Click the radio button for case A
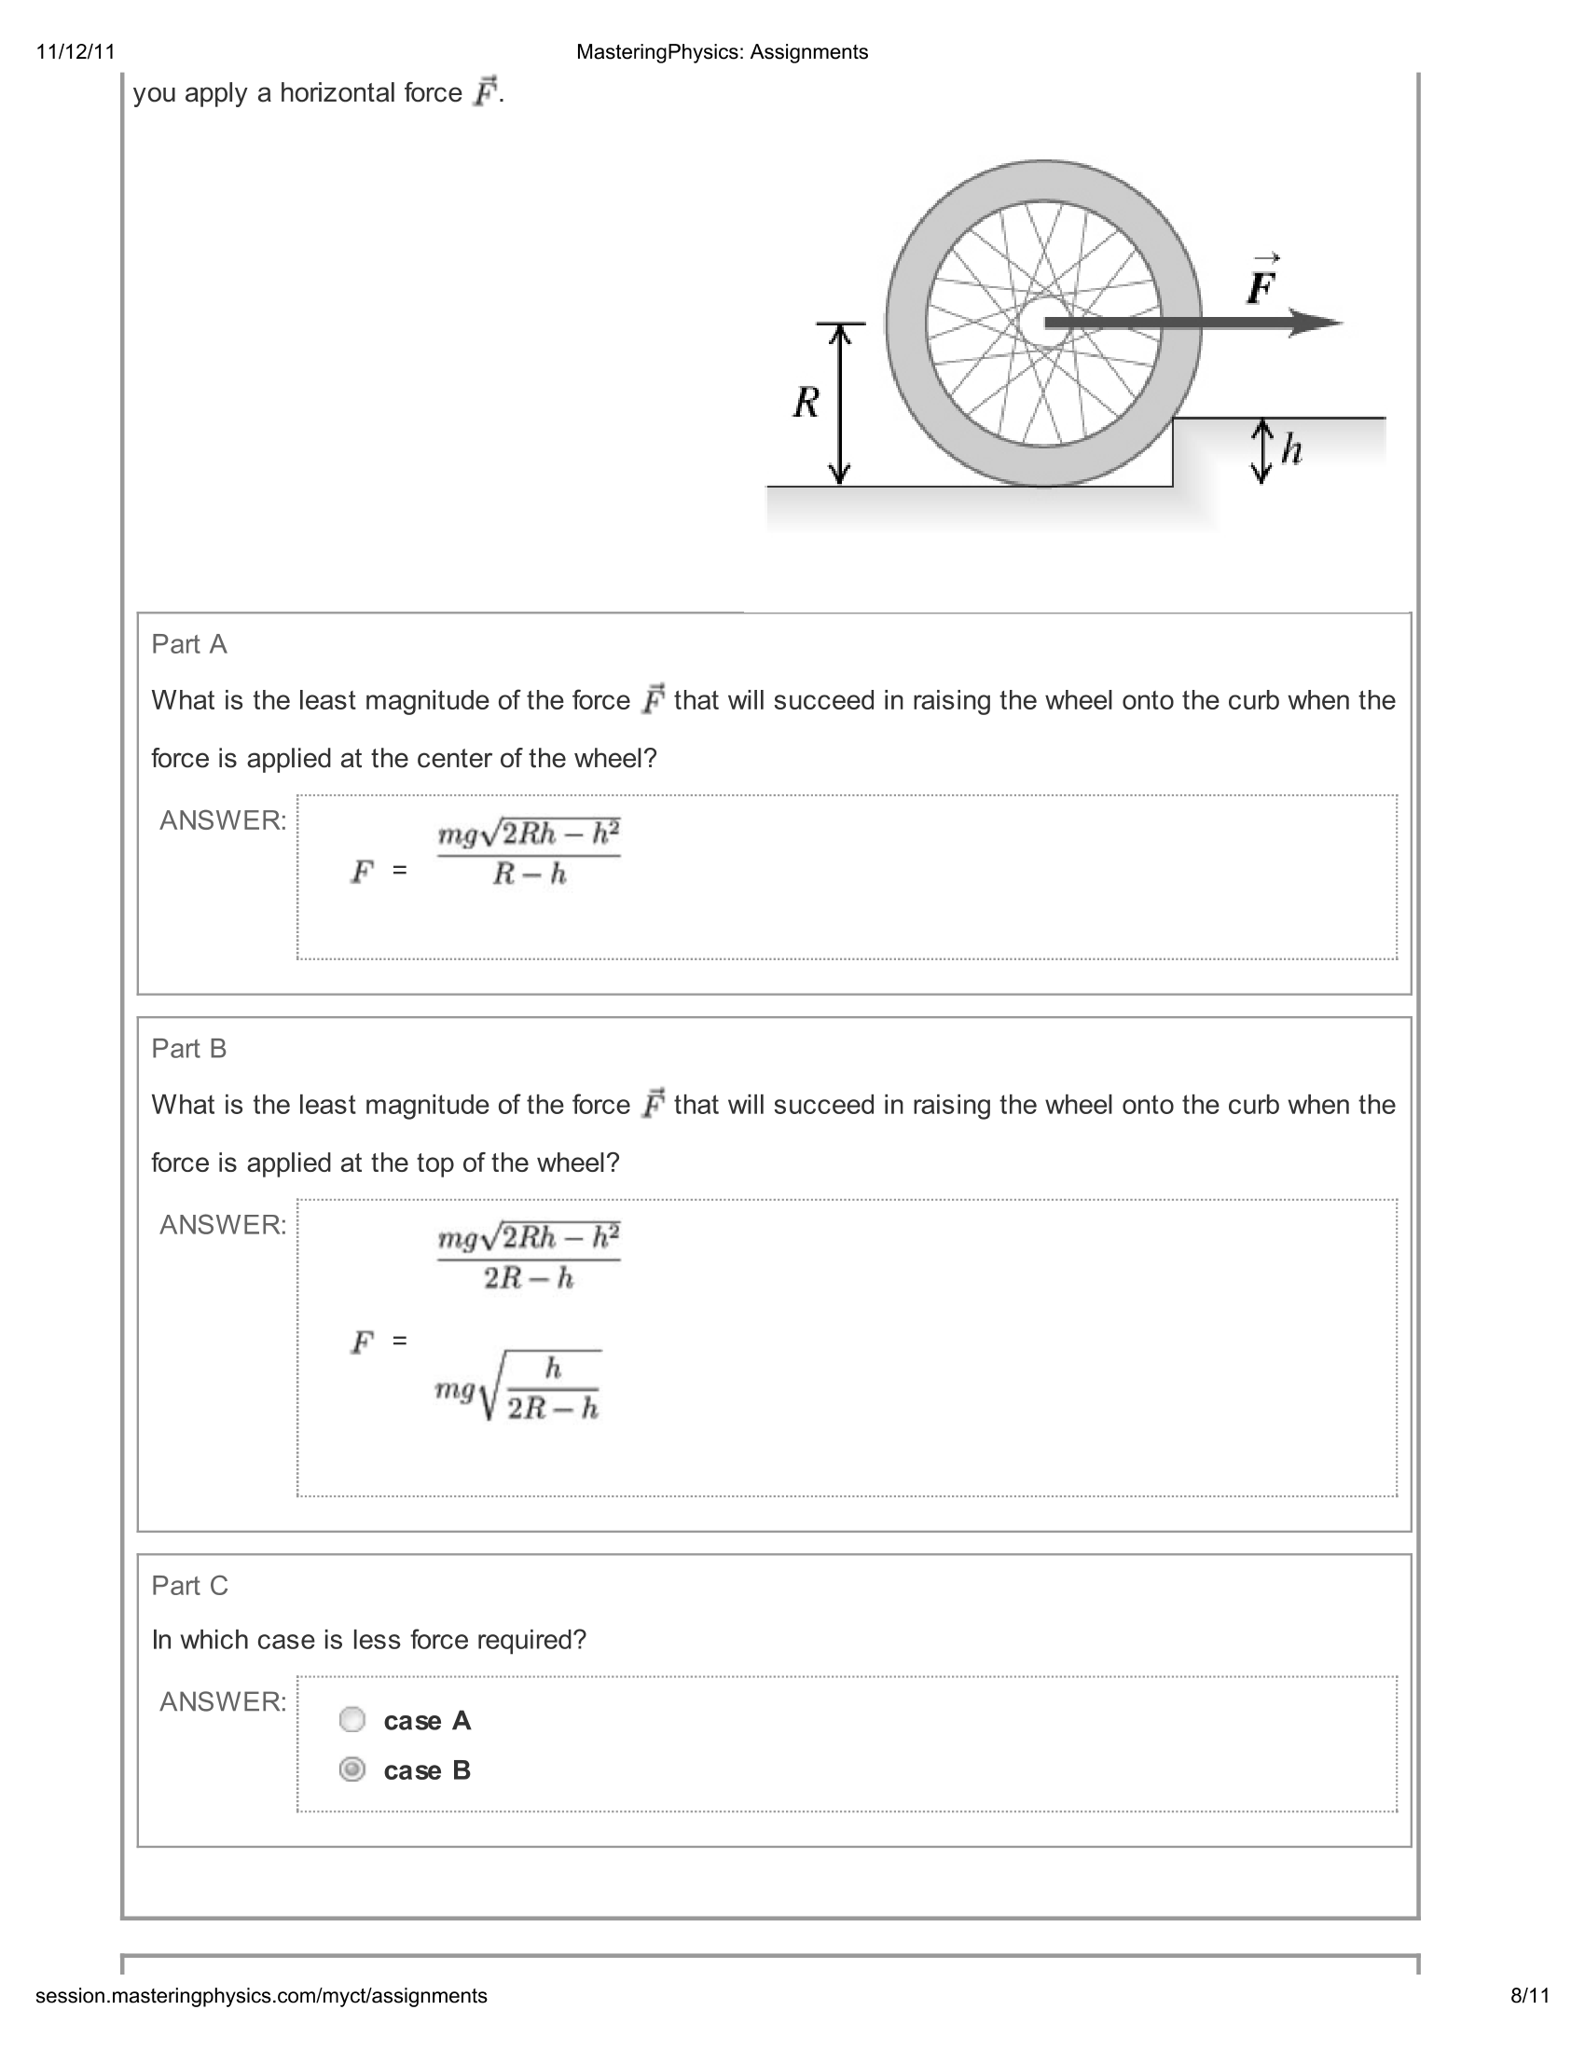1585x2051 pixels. (x=352, y=1719)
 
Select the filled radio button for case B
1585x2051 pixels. (x=352, y=1769)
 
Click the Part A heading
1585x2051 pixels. (x=188, y=644)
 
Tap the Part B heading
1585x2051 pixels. (x=188, y=1048)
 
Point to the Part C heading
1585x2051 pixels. (x=189, y=1585)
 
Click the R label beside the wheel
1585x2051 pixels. (x=806, y=403)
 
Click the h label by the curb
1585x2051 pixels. (x=1292, y=450)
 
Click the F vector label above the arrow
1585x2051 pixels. (x=1261, y=283)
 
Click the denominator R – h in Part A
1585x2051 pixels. (x=529, y=875)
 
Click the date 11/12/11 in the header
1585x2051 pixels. (x=76, y=51)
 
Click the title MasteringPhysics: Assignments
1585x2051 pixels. (x=721, y=51)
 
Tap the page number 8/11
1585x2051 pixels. (x=1529, y=1996)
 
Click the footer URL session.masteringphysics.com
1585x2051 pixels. (x=261, y=1996)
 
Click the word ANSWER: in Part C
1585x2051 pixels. (x=223, y=1701)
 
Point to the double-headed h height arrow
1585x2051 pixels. (x=1262, y=452)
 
